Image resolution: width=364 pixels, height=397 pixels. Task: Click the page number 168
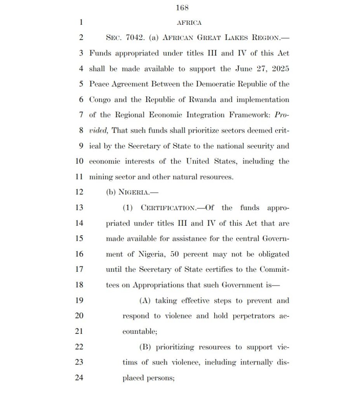pos(182,7)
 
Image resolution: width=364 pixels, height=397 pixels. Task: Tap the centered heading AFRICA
pos(189,22)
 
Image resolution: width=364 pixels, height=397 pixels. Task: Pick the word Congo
pos(100,100)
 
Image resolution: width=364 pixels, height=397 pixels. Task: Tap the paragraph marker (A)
pos(146,300)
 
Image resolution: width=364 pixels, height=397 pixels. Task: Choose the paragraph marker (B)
pos(146,347)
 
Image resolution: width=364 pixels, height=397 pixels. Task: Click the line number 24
pos(79,378)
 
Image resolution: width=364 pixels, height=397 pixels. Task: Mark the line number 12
pos(79,192)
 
